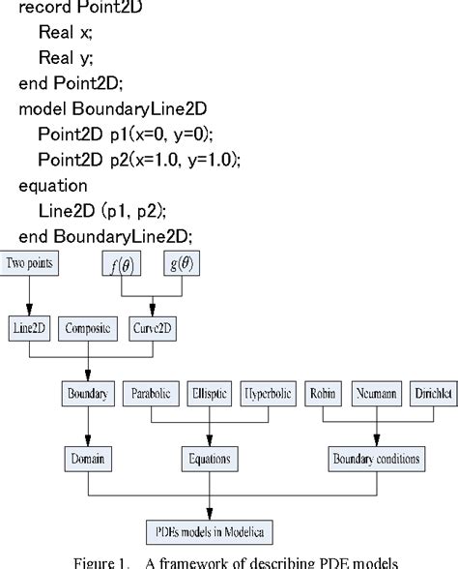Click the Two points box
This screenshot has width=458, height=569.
click(x=29, y=262)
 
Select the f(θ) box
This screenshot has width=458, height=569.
click(x=123, y=263)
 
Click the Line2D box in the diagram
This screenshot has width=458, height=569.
click(x=30, y=328)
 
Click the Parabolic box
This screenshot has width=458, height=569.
click(x=151, y=393)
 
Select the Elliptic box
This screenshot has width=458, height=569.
click(x=209, y=393)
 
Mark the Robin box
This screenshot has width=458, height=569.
click(x=323, y=393)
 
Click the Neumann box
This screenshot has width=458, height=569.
click(x=375, y=393)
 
